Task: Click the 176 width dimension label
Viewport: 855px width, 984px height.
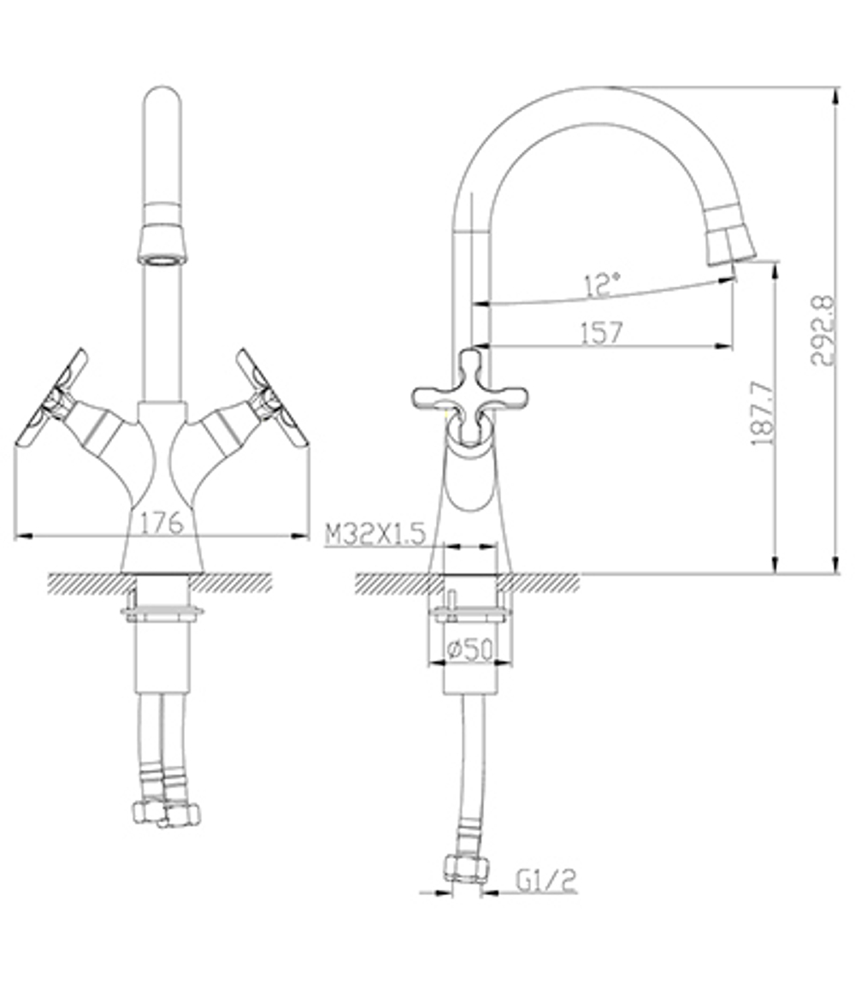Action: pos(162,521)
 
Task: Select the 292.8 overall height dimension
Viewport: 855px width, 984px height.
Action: pos(823,330)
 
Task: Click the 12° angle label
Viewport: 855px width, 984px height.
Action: pos(603,286)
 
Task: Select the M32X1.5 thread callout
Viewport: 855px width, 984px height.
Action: pos(374,535)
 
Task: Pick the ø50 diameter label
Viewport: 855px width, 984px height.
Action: pos(469,650)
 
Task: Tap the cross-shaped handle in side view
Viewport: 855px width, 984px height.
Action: pos(469,394)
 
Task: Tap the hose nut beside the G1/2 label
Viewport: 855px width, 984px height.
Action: pos(465,868)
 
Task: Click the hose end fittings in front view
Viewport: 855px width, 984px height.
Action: pos(166,812)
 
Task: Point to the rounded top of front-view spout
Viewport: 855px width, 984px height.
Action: pos(162,96)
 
